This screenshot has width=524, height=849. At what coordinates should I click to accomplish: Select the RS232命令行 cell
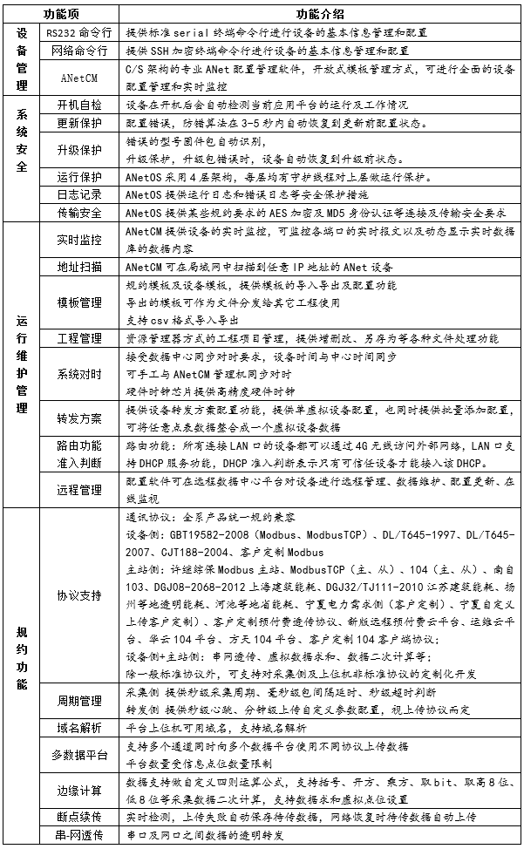(79, 31)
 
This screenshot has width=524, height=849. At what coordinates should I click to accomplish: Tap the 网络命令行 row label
(79, 51)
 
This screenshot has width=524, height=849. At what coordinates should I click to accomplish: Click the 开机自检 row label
(79, 105)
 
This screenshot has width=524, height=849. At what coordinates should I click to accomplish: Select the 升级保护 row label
(79, 149)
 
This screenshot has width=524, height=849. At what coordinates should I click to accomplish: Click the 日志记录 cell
(79, 194)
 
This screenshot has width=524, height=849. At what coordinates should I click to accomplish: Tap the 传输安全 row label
(79, 213)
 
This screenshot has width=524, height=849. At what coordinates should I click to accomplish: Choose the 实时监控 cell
(79, 240)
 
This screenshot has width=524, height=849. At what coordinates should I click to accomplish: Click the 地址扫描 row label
(79, 267)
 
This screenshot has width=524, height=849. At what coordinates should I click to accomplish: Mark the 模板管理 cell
(79, 302)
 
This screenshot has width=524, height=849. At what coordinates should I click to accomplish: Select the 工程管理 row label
(79, 337)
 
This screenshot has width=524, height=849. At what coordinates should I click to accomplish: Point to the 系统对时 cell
(79, 374)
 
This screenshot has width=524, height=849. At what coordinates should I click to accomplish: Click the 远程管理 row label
(79, 490)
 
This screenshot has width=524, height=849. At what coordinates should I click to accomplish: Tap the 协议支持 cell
(79, 596)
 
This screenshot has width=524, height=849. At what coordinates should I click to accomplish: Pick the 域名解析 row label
(79, 726)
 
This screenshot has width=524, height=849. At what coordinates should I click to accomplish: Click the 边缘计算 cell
(79, 791)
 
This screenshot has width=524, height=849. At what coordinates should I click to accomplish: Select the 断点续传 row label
(79, 818)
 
